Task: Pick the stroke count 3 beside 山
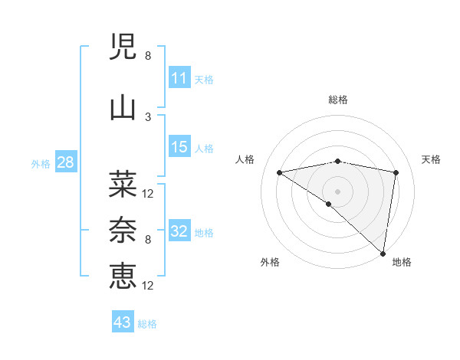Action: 148,117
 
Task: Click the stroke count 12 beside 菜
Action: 149,193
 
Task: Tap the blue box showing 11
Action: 179,78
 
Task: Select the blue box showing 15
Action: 179,147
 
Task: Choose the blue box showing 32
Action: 179,231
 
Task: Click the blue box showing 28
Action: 65,162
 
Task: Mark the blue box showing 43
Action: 123,322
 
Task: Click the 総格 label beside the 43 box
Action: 147,324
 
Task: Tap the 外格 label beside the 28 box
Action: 41,163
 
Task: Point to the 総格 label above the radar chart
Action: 337,100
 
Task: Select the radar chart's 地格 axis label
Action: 402,262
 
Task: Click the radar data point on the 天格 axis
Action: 396,172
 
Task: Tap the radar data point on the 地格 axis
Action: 383,253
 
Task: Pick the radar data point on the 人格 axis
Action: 279,172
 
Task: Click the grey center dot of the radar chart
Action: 337,190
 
